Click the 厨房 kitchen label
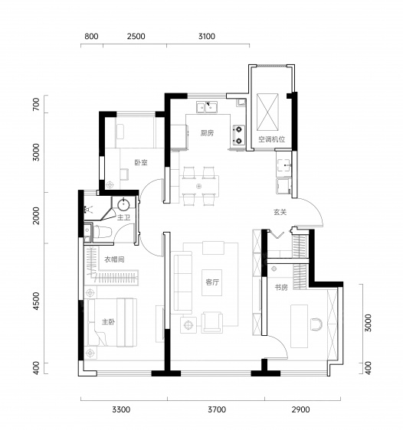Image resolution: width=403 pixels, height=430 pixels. pyautogui.click(x=207, y=133)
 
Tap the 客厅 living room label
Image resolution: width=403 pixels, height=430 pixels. pyautogui.click(x=212, y=282)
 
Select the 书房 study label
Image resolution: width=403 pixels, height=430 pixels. pyautogui.click(x=281, y=288)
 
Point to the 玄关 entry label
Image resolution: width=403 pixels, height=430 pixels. pyautogui.click(x=280, y=212)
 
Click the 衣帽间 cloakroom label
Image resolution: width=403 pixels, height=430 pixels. pyautogui.click(x=114, y=259)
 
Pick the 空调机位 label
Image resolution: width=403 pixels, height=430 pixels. pyautogui.click(x=271, y=139)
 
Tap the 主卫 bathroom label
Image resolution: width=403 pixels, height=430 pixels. pyautogui.click(x=123, y=218)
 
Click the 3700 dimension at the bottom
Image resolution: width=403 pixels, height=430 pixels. pyautogui.click(x=217, y=409)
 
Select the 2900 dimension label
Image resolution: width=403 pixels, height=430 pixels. pyautogui.click(x=300, y=409)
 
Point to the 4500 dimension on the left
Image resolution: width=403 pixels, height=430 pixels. pyautogui.click(x=36, y=301)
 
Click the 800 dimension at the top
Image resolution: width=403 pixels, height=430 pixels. pyautogui.click(x=91, y=36)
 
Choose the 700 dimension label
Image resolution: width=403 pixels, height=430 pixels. pyautogui.click(x=36, y=105)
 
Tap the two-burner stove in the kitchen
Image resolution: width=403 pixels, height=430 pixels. pyautogui.click(x=238, y=135)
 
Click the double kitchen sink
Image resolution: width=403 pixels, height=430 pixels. pyautogui.click(x=207, y=106)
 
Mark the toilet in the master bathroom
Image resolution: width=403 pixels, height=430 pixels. pyautogui.click(x=102, y=232)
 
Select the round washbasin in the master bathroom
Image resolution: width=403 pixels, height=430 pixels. pyautogui.click(x=123, y=205)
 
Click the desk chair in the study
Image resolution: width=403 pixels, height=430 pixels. pyautogui.click(x=316, y=324)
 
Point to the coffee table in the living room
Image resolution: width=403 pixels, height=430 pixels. pyautogui.click(x=212, y=283)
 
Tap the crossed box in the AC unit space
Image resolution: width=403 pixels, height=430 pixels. pyautogui.click(x=267, y=112)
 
